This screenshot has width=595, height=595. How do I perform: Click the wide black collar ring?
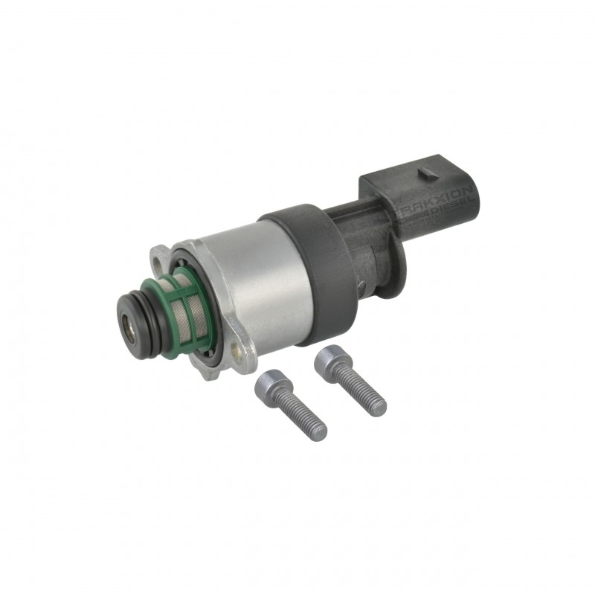coord(312,245)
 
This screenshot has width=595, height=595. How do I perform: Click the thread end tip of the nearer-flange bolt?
coord(321,429)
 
